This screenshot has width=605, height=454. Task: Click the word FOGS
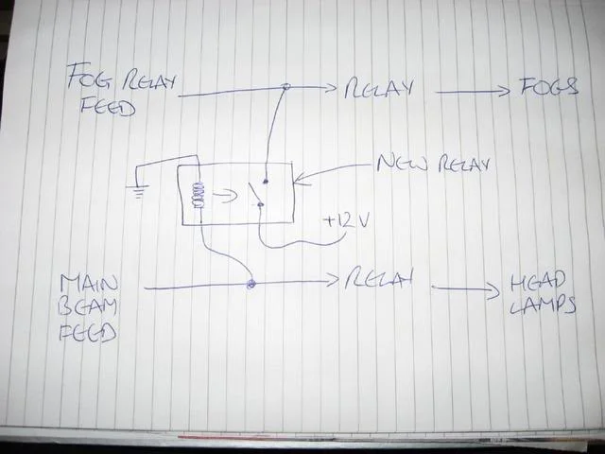[x=549, y=87]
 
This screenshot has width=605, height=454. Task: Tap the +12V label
[x=347, y=222]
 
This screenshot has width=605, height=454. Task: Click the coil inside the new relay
[x=199, y=195]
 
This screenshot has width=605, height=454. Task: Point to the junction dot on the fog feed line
[x=285, y=87]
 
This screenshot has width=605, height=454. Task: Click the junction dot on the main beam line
[x=251, y=284]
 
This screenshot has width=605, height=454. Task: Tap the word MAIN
[x=89, y=284]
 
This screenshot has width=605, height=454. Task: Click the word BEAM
[x=88, y=307]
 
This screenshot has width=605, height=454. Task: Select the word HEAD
[x=538, y=282]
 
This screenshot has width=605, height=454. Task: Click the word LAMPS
[x=543, y=306]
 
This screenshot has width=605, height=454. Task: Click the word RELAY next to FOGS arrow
[x=378, y=90]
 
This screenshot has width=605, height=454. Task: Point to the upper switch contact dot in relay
[x=266, y=181]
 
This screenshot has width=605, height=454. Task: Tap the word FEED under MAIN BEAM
[x=87, y=333]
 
